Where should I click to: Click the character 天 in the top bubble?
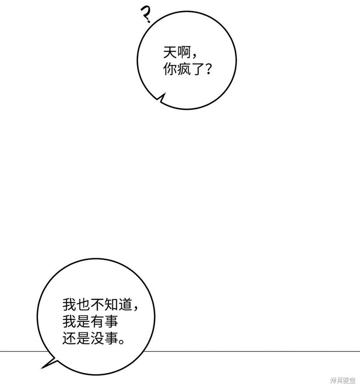tap(170, 53)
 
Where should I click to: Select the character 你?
tap(170, 69)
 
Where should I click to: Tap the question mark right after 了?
tap(208, 69)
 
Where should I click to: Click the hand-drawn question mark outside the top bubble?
tap(145, 14)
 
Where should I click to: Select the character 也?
tap(83, 305)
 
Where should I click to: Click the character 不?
tap(97, 305)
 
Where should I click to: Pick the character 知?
tap(111, 305)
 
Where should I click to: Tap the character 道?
tap(126, 305)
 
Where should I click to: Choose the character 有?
tap(97, 321)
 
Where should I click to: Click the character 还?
tap(69, 338)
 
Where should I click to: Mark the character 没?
tap(97, 338)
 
